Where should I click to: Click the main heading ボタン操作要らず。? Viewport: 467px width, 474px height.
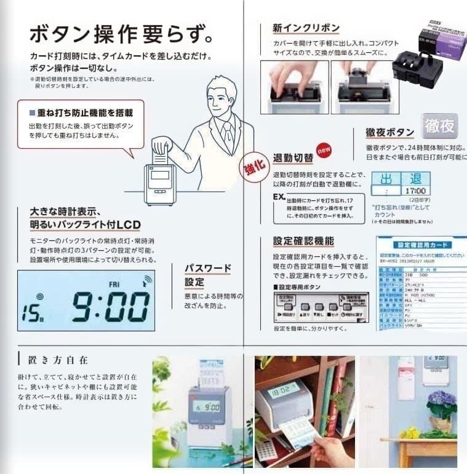click(121, 33)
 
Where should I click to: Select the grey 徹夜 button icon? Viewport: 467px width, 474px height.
click(440, 127)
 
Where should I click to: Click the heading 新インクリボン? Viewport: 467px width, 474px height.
click(306, 28)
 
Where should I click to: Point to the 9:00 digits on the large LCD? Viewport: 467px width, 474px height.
click(111, 306)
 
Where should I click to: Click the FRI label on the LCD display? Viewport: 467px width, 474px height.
click(114, 285)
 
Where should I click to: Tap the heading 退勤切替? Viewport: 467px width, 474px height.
click(293, 158)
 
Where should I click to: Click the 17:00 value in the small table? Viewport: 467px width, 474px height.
click(417, 191)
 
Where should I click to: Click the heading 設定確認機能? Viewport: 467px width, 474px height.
click(303, 241)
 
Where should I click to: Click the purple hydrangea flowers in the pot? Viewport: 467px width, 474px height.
click(441, 404)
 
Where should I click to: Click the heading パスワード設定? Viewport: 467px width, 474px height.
click(208, 275)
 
